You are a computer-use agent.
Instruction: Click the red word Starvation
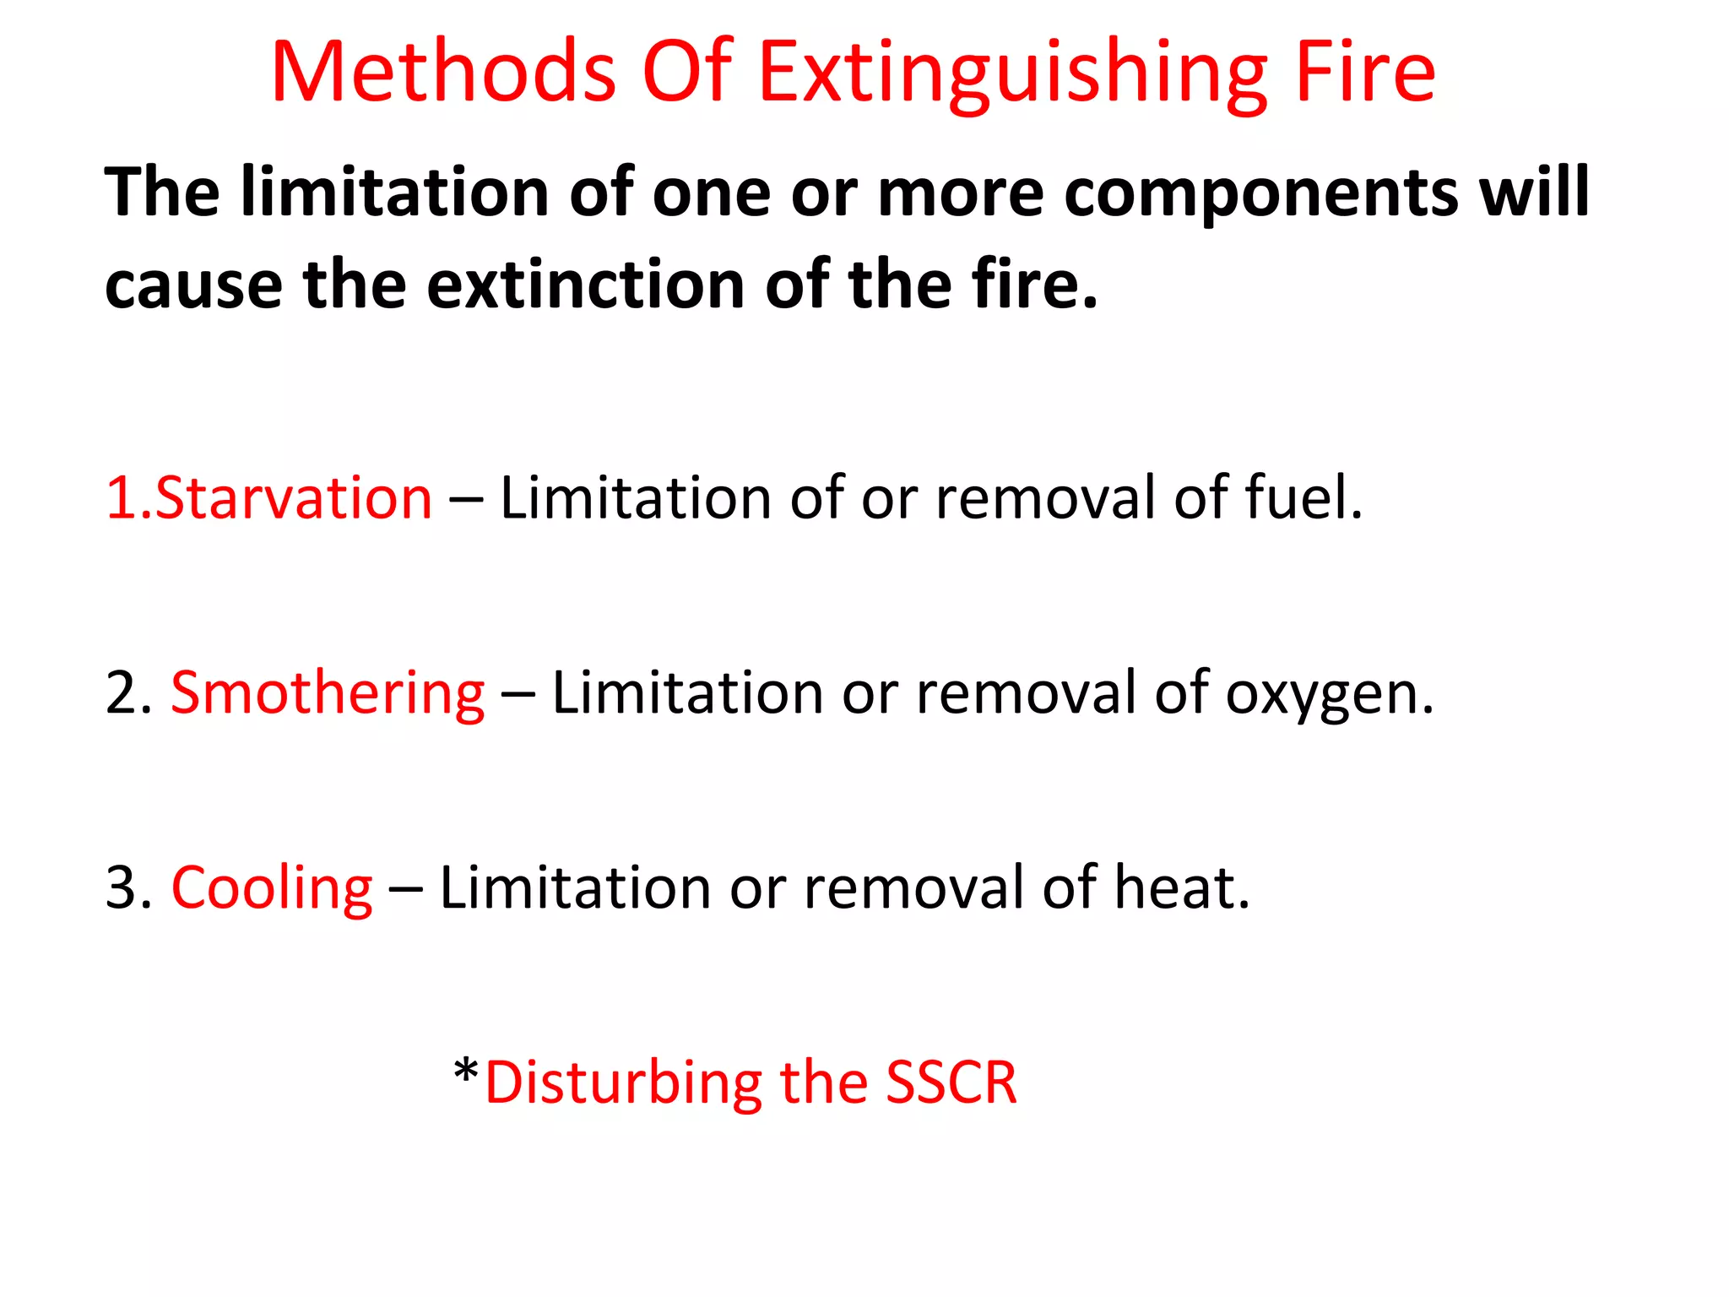(x=293, y=497)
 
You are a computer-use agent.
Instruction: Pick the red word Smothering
(x=328, y=693)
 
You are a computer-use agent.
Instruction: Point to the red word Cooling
(x=272, y=888)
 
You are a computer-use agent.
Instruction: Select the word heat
(x=1181, y=887)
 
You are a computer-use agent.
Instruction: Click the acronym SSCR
(x=951, y=1083)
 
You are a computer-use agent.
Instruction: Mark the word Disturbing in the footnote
(x=624, y=1083)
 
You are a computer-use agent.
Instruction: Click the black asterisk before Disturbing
(x=466, y=1072)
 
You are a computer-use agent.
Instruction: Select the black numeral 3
(x=123, y=889)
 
